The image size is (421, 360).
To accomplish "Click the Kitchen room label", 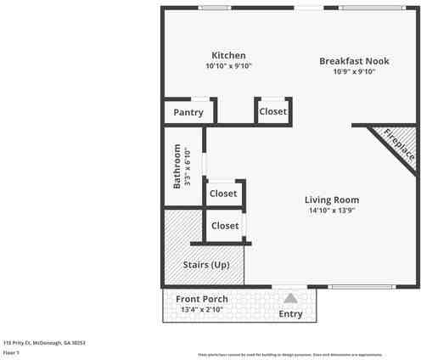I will (x=228, y=55).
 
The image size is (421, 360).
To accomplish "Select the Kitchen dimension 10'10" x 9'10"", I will (x=228, y=66).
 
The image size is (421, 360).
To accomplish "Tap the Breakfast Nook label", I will (x=354, y=60).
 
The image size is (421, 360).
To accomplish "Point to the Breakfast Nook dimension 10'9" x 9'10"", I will (x=354, y=71).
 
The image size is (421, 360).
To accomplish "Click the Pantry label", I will (x=188, y=112).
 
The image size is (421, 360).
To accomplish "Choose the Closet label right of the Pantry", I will (x=272, y=111).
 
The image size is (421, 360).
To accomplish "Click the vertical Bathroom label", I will (x=177, y=166).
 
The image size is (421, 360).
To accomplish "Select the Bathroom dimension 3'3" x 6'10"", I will (x=188, y=167).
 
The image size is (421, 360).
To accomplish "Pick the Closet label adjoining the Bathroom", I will (x=223, y=194).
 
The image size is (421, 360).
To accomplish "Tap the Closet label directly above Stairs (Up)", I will (x=225, y=226).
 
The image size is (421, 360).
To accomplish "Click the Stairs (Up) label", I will (x=206, y=265).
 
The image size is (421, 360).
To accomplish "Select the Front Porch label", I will (x=201, y=299).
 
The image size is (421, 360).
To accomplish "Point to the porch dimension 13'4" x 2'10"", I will (x=201, y=310).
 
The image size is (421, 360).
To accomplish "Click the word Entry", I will (x=290, y=314).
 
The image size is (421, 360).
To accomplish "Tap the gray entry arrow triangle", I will (x=290, y=299).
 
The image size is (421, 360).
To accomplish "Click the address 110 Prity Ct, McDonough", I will (x=44, y=343).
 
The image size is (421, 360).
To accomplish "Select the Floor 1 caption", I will (x=11, y=352).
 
